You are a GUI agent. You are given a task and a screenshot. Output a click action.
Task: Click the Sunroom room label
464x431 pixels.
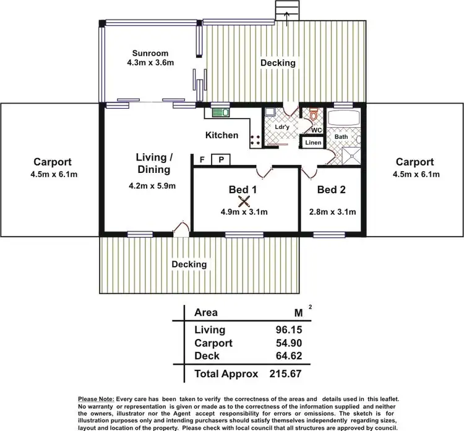click(151, 52)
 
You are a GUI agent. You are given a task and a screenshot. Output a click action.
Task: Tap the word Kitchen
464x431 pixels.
click(221, 135)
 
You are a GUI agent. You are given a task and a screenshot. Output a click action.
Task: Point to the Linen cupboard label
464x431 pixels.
click(313, 143)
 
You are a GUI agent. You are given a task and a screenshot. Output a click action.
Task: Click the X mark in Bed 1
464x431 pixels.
click(244, 201)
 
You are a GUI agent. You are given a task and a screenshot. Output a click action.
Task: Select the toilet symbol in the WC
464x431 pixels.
click(314, 115)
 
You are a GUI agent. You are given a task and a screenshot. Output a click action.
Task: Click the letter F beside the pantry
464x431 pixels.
click(202, 160)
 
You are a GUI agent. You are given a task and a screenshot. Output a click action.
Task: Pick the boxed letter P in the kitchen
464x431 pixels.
click(221, 160)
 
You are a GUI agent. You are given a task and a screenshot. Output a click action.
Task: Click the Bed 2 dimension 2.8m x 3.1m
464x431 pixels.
click(332, 212)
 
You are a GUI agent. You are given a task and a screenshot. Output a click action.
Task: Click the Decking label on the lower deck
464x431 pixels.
click(189, 264)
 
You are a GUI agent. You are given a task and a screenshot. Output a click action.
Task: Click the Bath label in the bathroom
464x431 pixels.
click(341, 136)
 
